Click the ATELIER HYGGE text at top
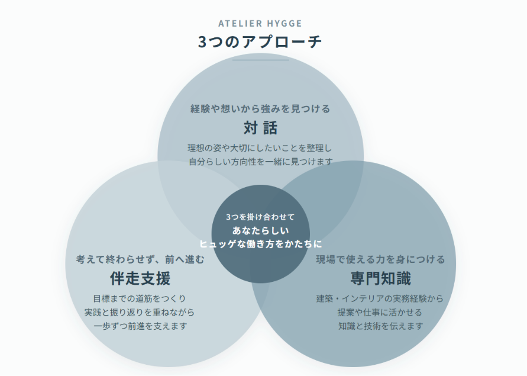[260, 24]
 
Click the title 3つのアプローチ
[260, 41]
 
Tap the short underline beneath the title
[260, 60]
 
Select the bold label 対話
[260, 128]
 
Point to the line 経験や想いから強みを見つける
[260, 109]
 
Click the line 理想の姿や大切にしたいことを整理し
[260, 148]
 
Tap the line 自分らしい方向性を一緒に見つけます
[261, 162]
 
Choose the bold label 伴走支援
[140, 278]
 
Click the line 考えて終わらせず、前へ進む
[140, 259]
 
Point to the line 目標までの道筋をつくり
[140, 298]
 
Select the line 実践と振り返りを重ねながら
[140, 313]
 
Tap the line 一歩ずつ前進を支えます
[140, 326]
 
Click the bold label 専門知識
[380, 278]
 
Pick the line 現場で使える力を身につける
[380, 259]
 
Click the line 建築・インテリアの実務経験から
[380, 298]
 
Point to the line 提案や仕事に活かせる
[380, 313]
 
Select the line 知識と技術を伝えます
[380, 326]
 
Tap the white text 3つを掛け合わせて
[260, 217]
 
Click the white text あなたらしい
[260, 230]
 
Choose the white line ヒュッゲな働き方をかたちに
[260, 244]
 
